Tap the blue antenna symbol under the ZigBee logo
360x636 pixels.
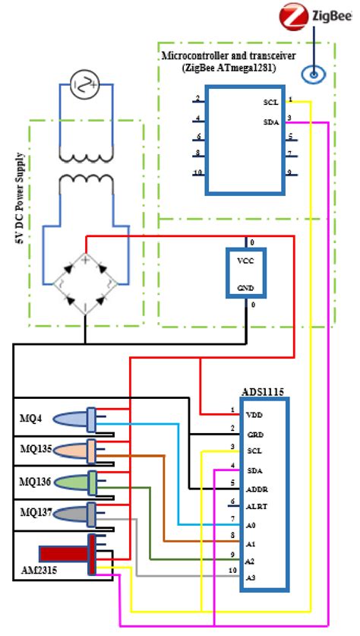[x=312, y=74]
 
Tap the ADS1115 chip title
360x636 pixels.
[x=262, y=391]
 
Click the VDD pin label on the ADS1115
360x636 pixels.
[x=255, y=416]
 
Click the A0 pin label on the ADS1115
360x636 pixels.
[x=252, y=525]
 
